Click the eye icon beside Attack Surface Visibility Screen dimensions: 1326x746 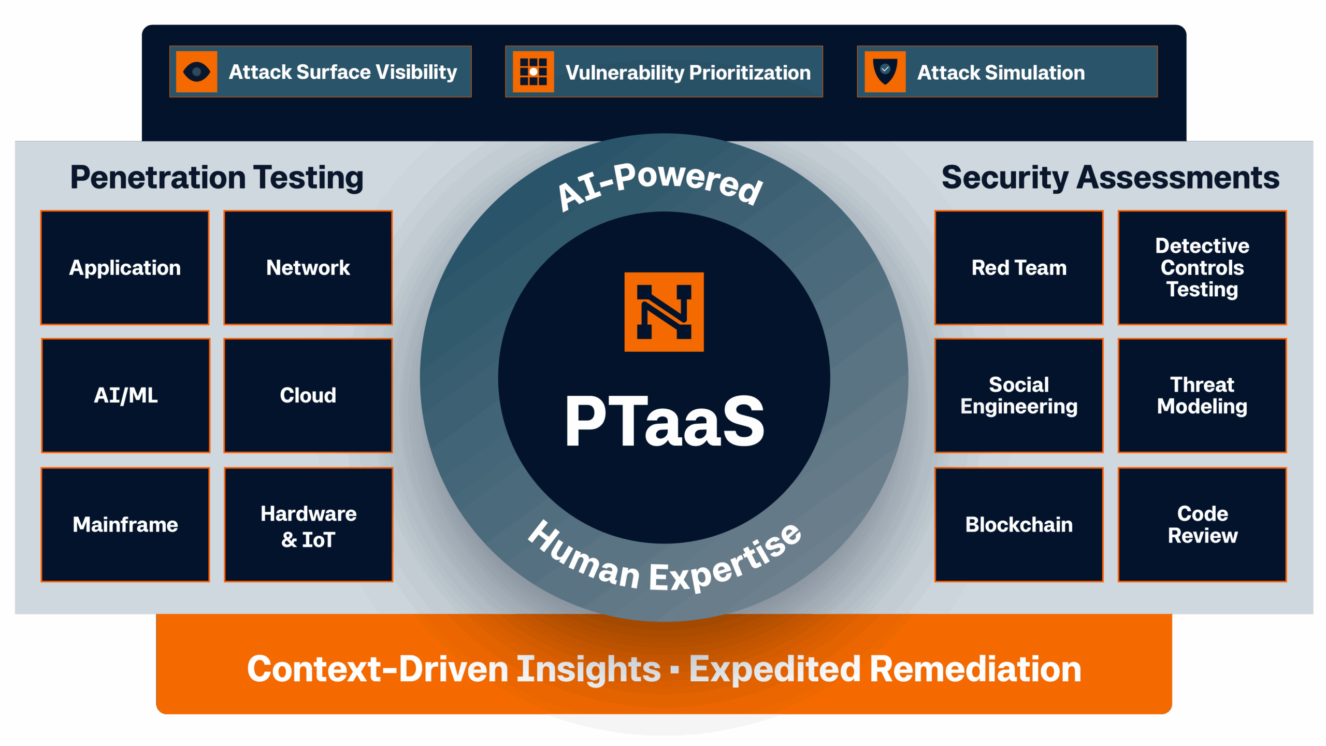(196, 71)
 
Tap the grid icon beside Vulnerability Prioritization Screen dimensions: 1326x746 (533, 71)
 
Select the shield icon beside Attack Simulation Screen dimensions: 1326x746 (885, 71)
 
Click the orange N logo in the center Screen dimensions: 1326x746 (664, 312)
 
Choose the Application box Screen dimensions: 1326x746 (125, 268)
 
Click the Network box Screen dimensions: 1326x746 (308, 268)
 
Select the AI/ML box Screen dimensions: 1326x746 (125, 396)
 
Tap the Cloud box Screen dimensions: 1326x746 (308, 396)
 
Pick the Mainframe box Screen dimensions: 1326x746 (125, 525)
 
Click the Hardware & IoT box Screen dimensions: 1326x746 (308, 525)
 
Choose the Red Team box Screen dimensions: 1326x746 (1019, 268)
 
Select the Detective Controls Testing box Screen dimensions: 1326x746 (1202, 268)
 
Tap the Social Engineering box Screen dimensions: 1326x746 (1019, 396)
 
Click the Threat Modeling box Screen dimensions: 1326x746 (1202, 396)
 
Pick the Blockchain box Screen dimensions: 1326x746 (1019, 525)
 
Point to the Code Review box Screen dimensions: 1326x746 (1202, 525)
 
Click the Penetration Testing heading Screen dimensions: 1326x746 (217, 178)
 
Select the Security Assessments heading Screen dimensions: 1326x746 (1111, 178)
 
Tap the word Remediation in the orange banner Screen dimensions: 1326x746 (975, 669)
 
